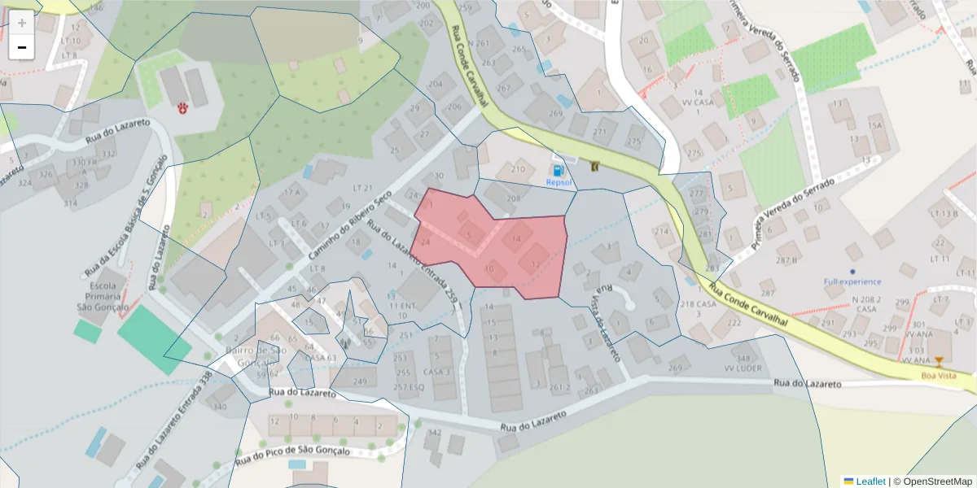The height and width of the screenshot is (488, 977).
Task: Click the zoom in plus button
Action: [x=22, y=23]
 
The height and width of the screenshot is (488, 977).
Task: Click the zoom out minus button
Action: [x=22, y=47]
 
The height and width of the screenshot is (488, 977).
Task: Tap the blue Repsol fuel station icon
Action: [x=558, y=171]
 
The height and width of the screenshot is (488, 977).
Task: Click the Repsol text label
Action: [x=559, y=183]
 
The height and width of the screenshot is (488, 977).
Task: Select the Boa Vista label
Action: [x=940, y=375]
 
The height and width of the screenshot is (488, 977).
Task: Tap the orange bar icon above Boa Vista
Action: [x=940, y=362]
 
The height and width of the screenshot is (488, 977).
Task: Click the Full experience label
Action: [x=852, y=281]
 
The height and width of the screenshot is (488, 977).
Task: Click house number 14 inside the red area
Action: [x=516, y=239]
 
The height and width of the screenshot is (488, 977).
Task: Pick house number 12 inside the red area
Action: [x=534, y=264]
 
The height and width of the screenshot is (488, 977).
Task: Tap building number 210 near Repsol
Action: [x=518, y=169]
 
